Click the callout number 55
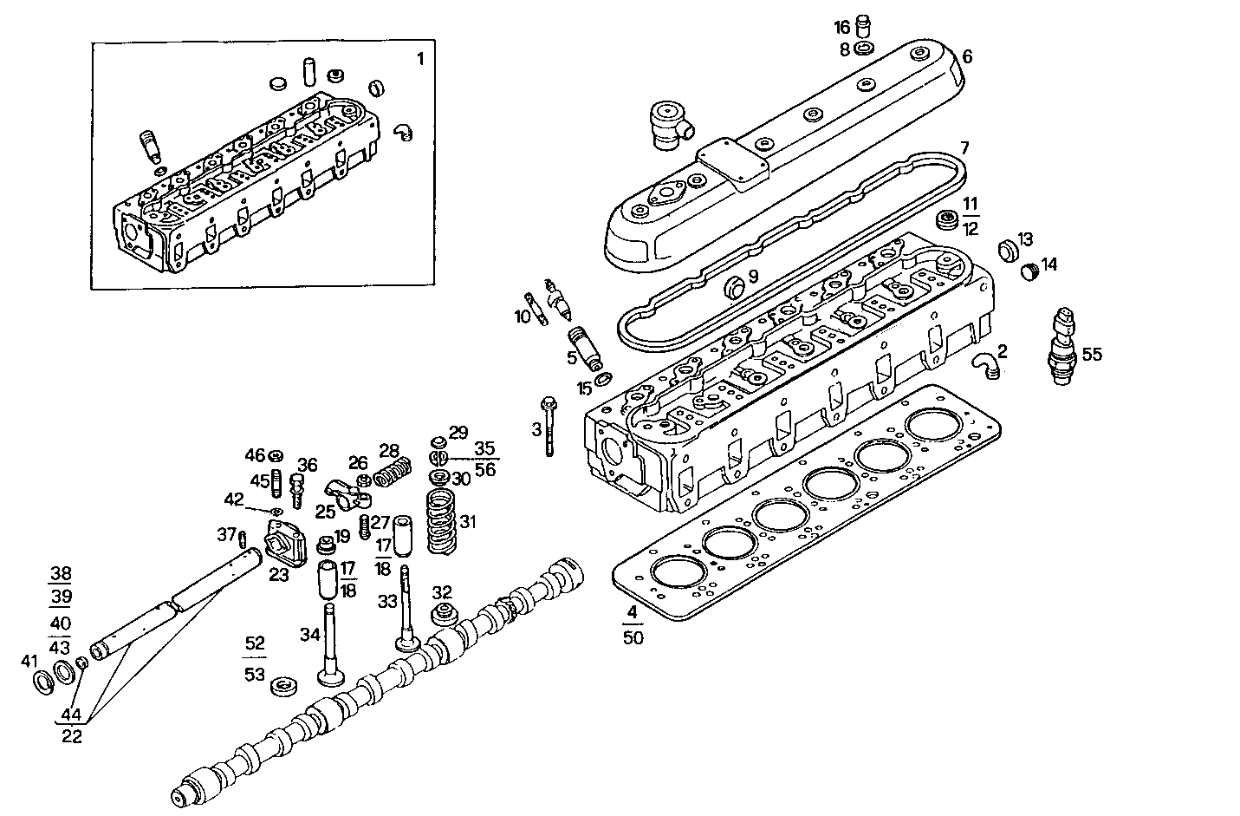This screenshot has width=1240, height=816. [1092, 354]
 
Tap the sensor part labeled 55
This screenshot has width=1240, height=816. [1062, 349]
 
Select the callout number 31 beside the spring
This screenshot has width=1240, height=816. [469, 522]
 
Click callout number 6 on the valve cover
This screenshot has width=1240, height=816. [967, 57]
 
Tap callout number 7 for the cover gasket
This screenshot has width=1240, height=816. [964, 147]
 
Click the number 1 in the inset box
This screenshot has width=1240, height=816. [421, 59]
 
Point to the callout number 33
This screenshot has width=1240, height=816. [386, 600]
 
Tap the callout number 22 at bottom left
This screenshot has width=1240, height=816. [73, 736]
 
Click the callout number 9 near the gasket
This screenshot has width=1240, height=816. [753, 277]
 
